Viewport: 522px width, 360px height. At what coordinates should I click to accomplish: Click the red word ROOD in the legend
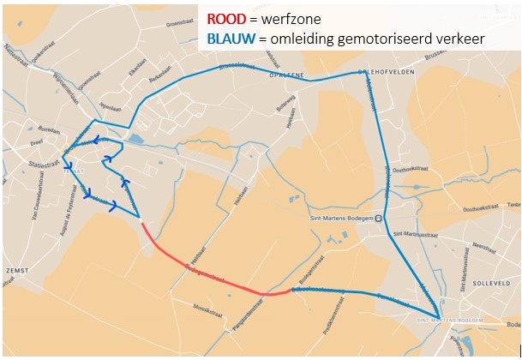[x=227, y=20]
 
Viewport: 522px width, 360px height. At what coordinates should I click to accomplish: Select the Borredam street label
[x=48, y=130]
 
